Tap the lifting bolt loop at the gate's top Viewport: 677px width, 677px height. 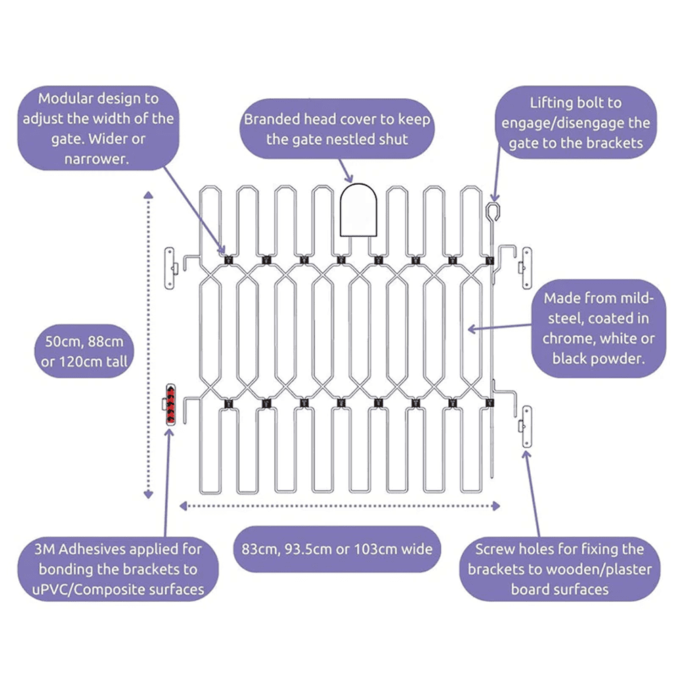(x=493, y=210)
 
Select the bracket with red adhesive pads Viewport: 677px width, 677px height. (x=170, y=404)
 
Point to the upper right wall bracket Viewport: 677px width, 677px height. (x=525, y=265)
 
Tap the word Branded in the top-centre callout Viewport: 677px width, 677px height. (x=272, y=119)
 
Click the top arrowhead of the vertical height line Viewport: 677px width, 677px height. (x=149, y=195)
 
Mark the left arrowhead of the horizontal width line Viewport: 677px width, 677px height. (x=182, y=505)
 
